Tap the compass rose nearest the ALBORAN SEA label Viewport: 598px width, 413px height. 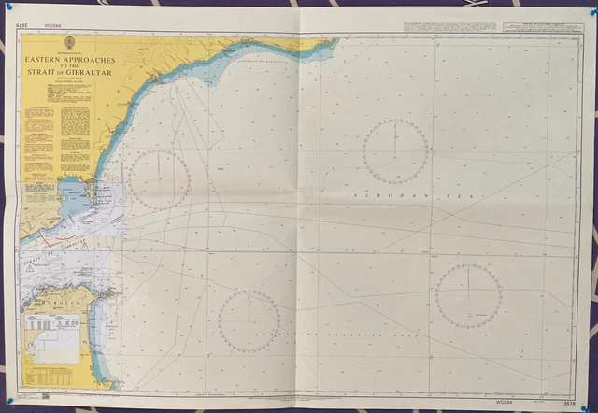pos(395,150)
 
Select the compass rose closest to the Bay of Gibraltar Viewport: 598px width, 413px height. pos(159,179)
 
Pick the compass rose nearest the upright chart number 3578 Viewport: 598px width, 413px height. pos(468,294)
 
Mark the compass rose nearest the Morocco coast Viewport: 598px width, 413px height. pos(249,320)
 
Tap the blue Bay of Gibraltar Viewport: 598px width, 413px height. pos(75,197)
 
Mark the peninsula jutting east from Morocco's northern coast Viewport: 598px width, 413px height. pos(106,296)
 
